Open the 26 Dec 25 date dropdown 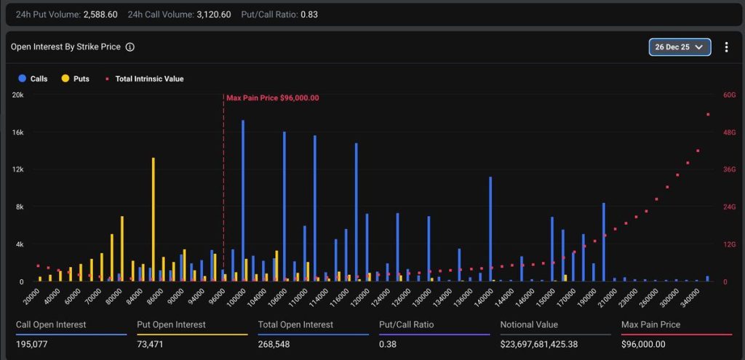coord(680,47)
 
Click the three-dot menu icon coord(726,47)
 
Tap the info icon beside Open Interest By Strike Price coord(130,47)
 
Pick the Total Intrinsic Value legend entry coord(145,79)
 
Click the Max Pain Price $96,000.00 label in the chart coord(272,97)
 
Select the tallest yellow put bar coord(153,218)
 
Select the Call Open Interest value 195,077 coord(31,344)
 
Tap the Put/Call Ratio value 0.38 coord(388,344)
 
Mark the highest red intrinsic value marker coord(708,114)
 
